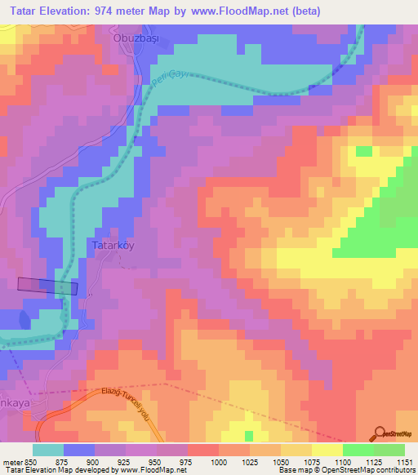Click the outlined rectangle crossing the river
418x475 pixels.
pos(48,285)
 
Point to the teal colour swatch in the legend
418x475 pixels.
pos(48,450)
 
